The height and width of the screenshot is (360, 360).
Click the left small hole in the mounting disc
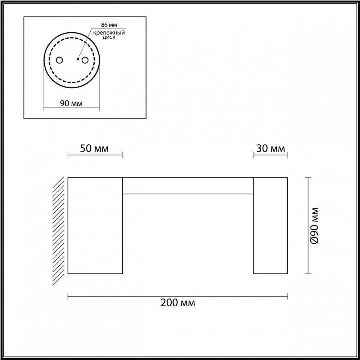pyautogui.click(x=60, y=60)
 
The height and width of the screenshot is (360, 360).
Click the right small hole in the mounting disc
pyautogui.click(x=85, y=60)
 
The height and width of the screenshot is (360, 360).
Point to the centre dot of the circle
pyautogui.click(x=77, y=58)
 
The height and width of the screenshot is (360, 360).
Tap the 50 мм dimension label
pyautogui.click(x=95, y=149)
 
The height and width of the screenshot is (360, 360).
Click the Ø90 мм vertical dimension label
pyautogui.click(x=316, y=226)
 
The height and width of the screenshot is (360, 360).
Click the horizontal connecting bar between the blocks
pyautogui.click(x=188, y=186)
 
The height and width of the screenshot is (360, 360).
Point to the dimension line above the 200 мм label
pyautogui.click(x=178, y=296)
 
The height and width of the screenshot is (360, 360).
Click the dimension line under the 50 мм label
pyautogui.click(x=95, y=155)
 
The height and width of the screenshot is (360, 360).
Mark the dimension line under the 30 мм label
pyautogui.click(x=270, y=155)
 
